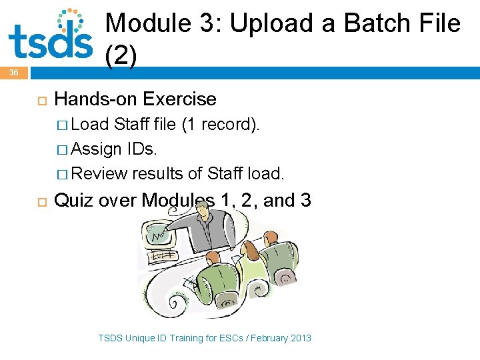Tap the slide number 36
(14, 72)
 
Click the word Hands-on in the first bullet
(93, 99)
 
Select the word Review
(99, 174)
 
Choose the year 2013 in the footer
(300, 338)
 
